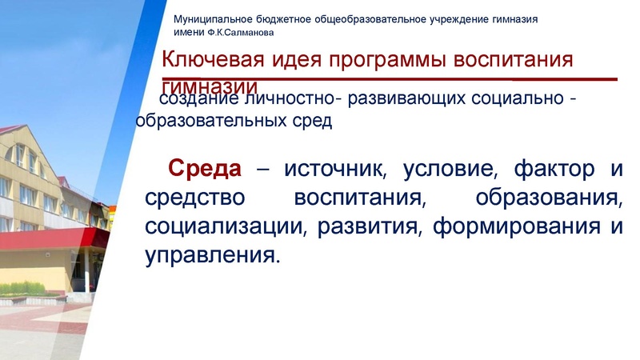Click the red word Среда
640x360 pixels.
click(x=204, y=170)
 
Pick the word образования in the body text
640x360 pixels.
click(x=549, y=198)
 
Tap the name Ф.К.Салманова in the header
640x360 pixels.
click(x=241, y=34)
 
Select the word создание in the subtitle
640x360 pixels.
click(x=191, y=100)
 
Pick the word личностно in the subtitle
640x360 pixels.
click(x=279, y=100)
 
